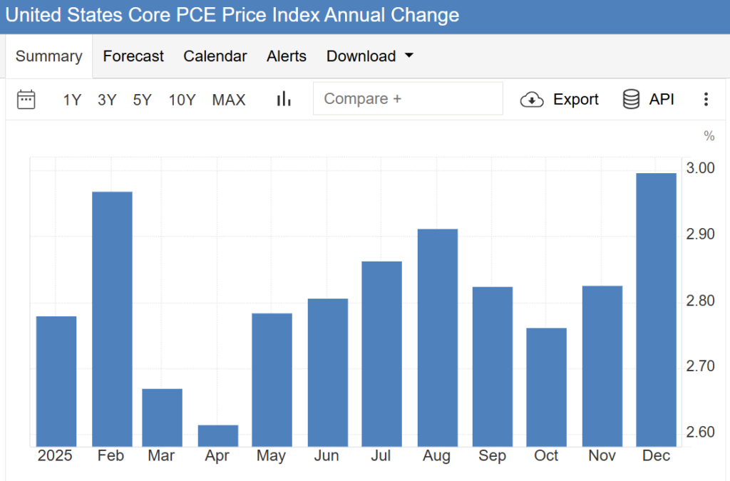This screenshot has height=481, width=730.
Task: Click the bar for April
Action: pos(218,435)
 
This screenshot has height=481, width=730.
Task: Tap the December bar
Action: pos(656,309)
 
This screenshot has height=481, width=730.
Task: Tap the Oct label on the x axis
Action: pos(546,456)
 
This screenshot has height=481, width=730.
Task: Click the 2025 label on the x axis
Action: pos(55,456)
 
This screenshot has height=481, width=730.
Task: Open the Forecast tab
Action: pos(133,56)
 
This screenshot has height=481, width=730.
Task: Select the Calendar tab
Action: pos(215,56)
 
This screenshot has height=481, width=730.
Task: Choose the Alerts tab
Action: pos(287,56)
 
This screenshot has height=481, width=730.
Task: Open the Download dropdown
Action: pos(369,56)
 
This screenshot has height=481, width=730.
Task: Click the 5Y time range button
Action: pos(143,100)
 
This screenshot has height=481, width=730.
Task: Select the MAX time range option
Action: pos(229,100)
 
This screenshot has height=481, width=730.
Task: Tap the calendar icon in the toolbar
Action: pos(26,99)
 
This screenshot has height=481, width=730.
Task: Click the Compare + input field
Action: pos(407,99)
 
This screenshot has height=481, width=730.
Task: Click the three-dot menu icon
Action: pos(706,99)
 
